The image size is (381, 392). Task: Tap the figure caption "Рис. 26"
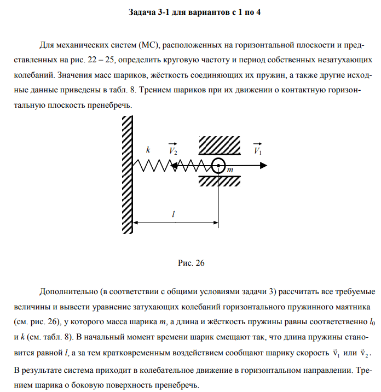[191, 263]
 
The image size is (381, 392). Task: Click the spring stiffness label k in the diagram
[148, 149]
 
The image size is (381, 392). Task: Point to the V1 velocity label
[257, 150]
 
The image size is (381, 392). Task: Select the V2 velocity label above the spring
[173, 150]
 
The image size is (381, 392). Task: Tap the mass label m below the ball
[230, 171]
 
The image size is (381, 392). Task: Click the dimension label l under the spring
[174, 215]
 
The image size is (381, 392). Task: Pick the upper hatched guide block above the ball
[219, 145]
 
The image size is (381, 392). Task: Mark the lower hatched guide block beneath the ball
[219, 181]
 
